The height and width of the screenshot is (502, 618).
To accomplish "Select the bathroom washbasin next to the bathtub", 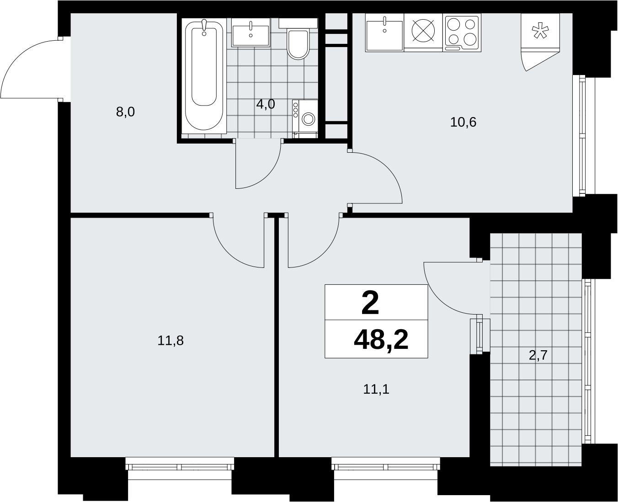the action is [x=250, y=32].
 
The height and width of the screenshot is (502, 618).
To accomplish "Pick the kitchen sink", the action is [x=384, y=32].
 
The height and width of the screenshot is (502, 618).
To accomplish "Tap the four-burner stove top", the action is [x=462, y=32].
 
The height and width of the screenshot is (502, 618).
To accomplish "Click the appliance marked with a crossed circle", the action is [x=423, y=32].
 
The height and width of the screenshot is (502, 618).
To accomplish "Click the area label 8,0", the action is [x=125, y=112].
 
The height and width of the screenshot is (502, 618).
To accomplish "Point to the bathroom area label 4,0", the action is [x=266, y=104].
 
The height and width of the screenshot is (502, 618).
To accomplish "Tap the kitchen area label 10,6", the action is [x=463, y=122].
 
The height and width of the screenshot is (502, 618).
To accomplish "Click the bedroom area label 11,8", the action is [x=170, y=340].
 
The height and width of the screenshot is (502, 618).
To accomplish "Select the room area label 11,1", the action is [x=376, y=389].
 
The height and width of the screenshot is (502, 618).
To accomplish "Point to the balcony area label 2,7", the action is [x=538, y=355].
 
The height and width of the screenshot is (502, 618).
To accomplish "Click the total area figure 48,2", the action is [x=381, y=340].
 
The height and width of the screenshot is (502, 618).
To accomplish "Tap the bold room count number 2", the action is [x=370, y=303].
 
